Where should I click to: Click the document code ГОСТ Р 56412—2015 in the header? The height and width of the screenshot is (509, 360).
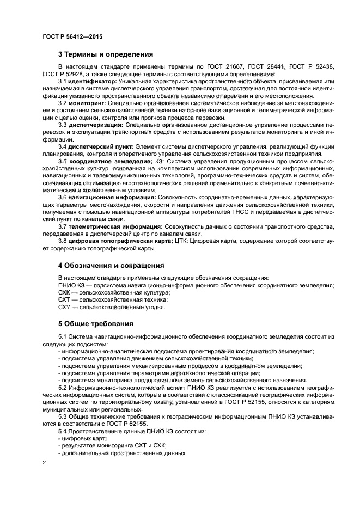[x=72, y=36]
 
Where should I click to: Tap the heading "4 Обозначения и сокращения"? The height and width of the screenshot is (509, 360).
[x=111, y=266]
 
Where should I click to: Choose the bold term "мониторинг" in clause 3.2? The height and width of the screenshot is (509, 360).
[x=88, y=103]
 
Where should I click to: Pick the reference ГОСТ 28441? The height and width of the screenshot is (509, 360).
[x=265, y=67]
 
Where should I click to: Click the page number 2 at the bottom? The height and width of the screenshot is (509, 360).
[x=44, y=463]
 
